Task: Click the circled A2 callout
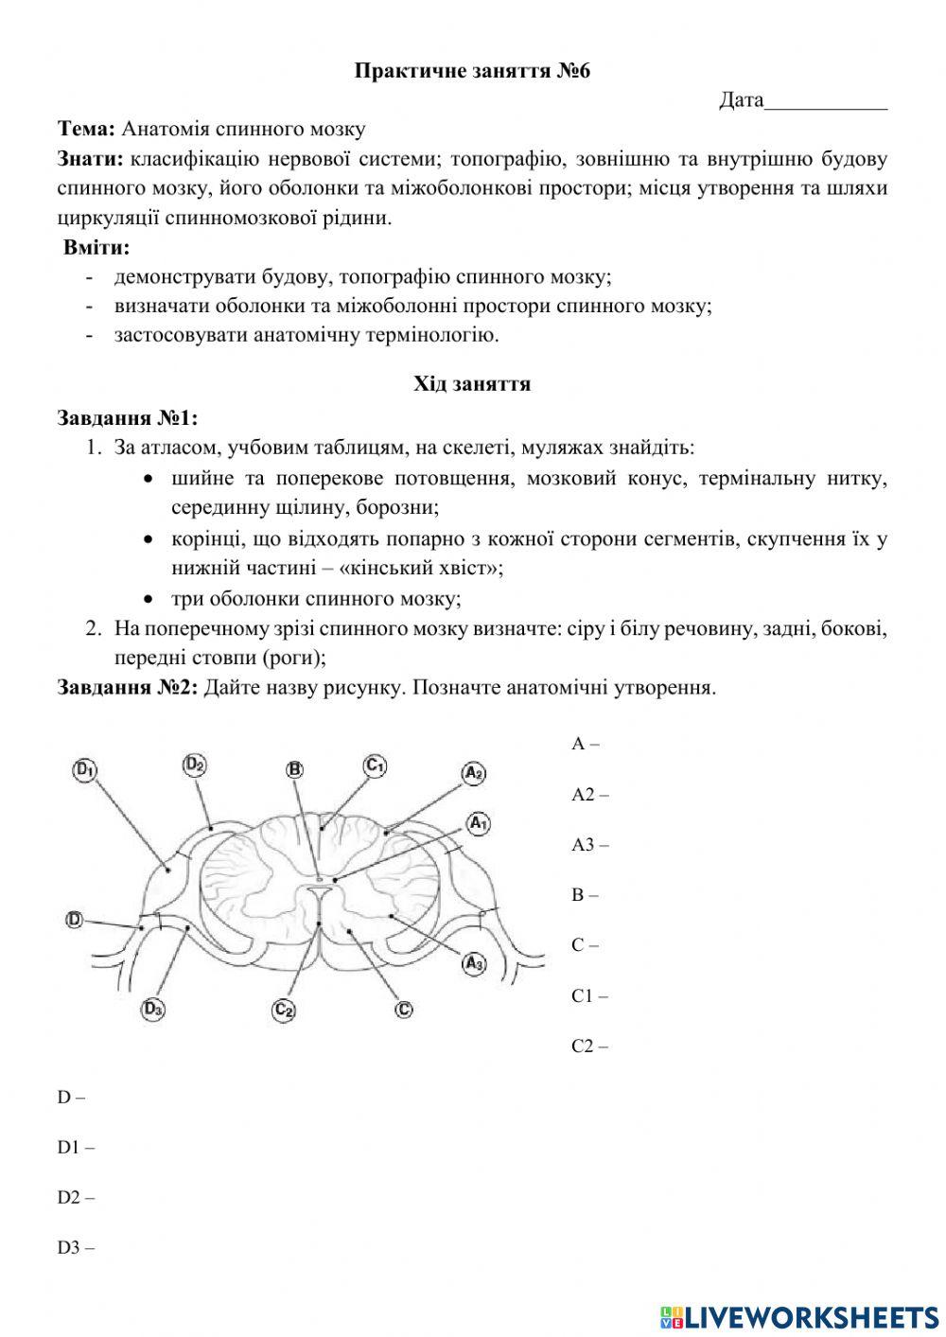[473, 773]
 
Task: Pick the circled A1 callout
[478, 823]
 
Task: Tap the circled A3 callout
[473, 964]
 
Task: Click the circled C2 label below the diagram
[284, 1010]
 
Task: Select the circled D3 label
[154, 1010]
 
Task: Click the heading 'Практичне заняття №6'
[472, 71]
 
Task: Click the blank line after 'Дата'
[826, 100]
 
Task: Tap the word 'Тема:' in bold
[87, 129]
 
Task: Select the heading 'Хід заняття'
[472, 384]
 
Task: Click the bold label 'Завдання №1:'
[128, 418]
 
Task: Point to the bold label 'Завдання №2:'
[128, 687]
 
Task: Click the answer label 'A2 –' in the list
[589, 794]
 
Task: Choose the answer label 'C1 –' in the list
[589, 995]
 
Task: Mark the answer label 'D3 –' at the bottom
[76, 1247]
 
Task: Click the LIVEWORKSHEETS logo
[799, 1316]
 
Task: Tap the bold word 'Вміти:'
[96, 248]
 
